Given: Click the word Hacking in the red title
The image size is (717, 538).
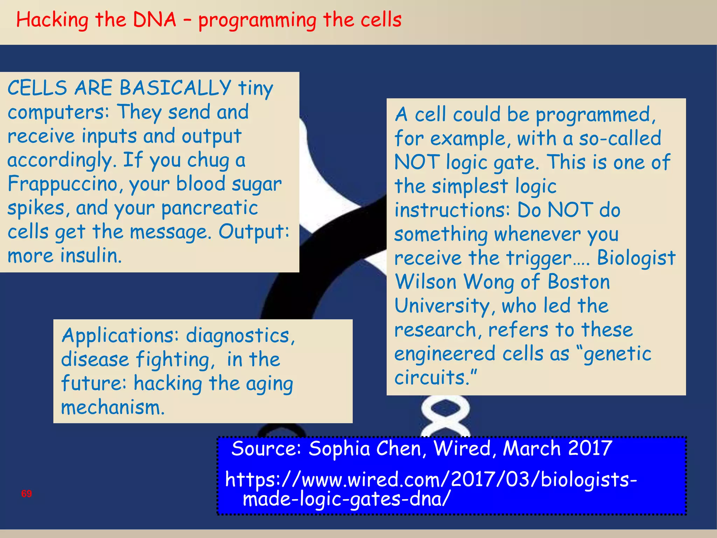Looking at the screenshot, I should tap(52, 20).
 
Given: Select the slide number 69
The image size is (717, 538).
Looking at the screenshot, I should tap(27, 494).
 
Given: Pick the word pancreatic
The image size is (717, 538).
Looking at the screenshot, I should tap(209, 208).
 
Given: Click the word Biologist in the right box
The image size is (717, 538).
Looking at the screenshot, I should tap(636, 258).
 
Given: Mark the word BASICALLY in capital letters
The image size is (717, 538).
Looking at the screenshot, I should tap(175, 88).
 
